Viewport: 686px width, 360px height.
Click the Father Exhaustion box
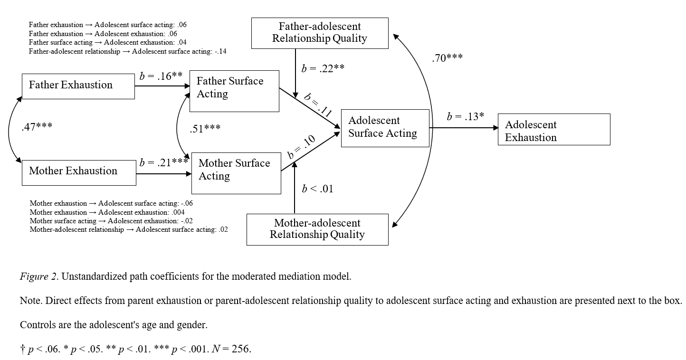pyautogui.click(x=78, y=86)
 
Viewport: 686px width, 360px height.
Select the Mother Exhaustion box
pyautogui.click(x=79, y=172)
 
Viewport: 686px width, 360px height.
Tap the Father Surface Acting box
pyautogui.click(x=234, y=91)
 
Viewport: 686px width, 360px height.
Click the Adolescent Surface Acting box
pyautogui.click(x=385, y=128)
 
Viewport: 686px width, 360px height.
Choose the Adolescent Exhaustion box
pyautogui.click(x=554, y=129)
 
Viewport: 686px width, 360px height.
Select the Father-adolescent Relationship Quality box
pyautogui.click(x=320, y=33)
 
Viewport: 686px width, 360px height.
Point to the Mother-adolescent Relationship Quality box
pyautogui.click(x=317, y=229)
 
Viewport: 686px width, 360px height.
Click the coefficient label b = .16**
pyautogui.click(x=161, y=76)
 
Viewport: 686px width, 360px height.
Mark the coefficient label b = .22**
pyautogui.click(x=323, y=68)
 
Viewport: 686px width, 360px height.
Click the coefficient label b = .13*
pyautogui.click(x=465, y=116)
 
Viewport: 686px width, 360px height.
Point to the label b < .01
pyautogui.click(x=317, y=189)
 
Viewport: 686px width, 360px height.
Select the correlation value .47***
pyautogui.click(x=37, y=127)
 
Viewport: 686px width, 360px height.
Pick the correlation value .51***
pyautogui.click(x=205, y=129)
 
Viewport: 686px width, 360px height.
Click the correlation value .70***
pyautogui.click(x=447, y=58)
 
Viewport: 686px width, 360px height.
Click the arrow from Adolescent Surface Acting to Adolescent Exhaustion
pyautogui.click(x=463, y=127)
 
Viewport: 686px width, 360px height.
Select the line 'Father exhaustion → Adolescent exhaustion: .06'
pyautogui.click(x=103, y=34)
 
